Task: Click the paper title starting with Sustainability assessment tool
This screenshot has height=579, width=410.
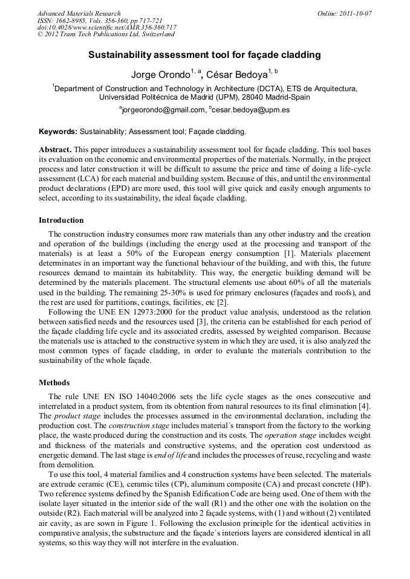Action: [204, 56]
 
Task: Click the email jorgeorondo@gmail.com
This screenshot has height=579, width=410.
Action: [163, 110]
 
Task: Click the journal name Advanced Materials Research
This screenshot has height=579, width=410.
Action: [79, 13]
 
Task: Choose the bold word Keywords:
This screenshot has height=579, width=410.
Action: [58, 131]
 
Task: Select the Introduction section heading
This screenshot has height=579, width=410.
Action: [61, 220]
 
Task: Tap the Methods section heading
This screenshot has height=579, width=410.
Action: [54, 383]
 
